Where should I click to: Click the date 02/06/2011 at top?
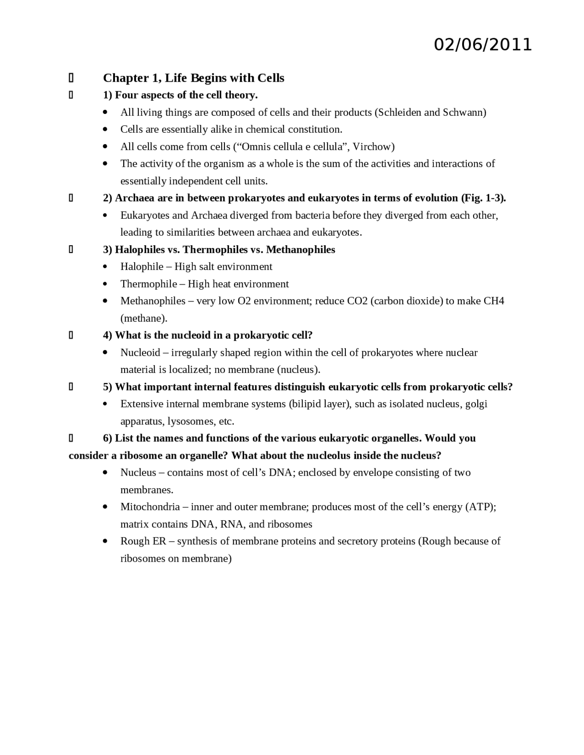tap(482, 45)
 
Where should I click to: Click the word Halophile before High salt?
tap(142, 267)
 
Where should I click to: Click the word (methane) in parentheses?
tap(144, 318)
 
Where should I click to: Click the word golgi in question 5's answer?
tap(476, 404)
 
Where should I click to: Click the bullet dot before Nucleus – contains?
tap(105, 473)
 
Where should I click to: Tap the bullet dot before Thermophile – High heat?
tap(105, 284)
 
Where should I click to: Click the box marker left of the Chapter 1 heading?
tap(71, 78)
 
